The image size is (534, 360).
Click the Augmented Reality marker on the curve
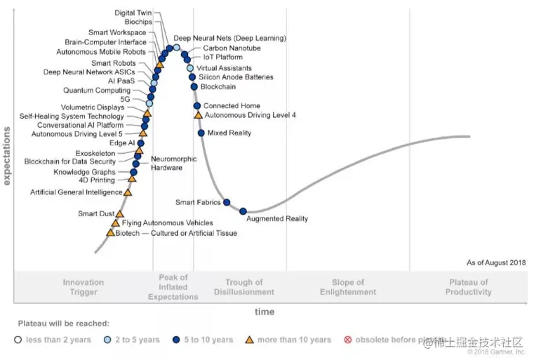tap(243, 211)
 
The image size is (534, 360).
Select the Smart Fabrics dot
tap(227, 203)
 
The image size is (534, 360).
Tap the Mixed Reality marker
tap(201, 133)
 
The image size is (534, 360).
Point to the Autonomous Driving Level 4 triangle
tap(198, 115)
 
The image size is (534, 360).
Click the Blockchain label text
tap(218, 87)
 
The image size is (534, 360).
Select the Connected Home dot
tap(197, 106)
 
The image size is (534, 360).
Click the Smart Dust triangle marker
tap(119, 214)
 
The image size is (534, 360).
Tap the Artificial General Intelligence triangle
tap(128, 192)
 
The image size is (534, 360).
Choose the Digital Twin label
tap(133, 13)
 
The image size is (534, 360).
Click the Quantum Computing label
tap(97, 91)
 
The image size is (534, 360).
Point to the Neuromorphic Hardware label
tap(169, 163)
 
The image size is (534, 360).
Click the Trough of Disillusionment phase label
tap(244, 287)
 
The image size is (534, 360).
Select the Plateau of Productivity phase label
tap(468, 287)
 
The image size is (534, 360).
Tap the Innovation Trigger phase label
tap(84, 287)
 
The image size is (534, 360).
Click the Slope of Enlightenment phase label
tap(348, 287)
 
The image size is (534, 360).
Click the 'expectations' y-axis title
tap(7, 156)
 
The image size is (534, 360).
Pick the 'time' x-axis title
tap(265, 312)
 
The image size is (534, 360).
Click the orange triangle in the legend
tap(248, 340)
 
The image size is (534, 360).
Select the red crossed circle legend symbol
tap(347, 340)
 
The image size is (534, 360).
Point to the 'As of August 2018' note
tap(495, 262)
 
